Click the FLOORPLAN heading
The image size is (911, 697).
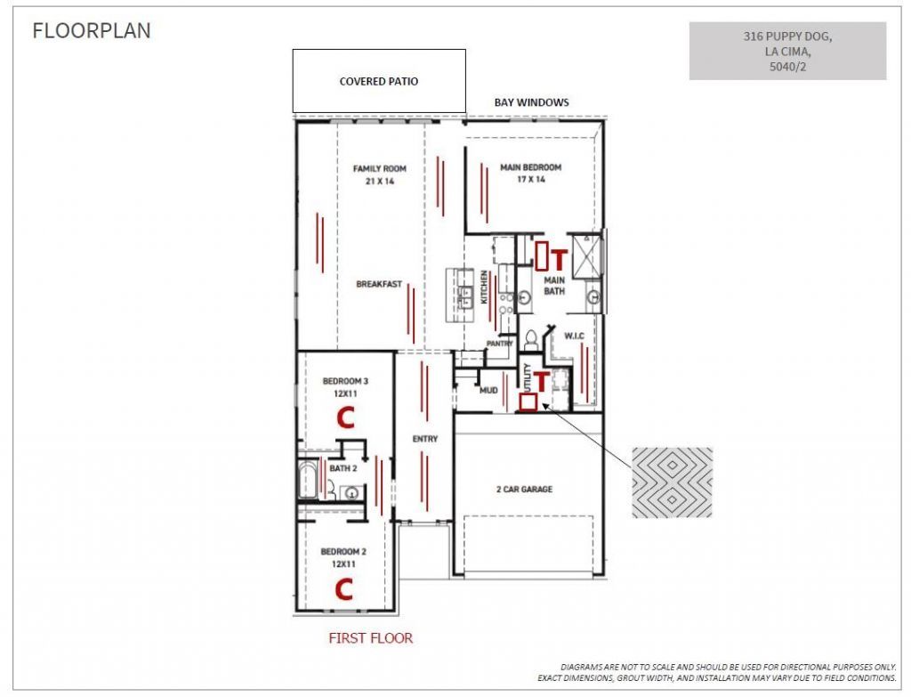click(92, 31)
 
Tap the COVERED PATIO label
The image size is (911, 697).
click(379, 81)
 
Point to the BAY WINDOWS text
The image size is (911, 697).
click(532, 102)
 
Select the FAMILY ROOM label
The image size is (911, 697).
click(380, 168)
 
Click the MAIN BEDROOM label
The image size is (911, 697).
click(531, 167)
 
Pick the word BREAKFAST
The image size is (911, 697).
click(379, 284)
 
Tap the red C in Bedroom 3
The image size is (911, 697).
click(346, 417)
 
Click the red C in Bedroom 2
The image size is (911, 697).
click(344, 589)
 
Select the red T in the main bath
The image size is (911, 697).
click(559, 260)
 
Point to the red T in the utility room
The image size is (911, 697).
click(541, 381)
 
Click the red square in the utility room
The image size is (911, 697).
click(528, 403)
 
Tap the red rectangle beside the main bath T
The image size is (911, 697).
click(542, 255)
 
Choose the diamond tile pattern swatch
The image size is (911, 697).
click(673, 482)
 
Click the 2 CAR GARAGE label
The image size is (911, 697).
click(524, 490)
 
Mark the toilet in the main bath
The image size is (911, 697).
click(531, 339)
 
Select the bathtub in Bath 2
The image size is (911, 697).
click(307, 479)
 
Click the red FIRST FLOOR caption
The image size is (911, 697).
click(371, 638)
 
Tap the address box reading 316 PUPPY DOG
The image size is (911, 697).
click(788, 51)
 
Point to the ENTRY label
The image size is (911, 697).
click(425, 439)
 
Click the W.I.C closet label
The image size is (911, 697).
click(574, 336)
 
